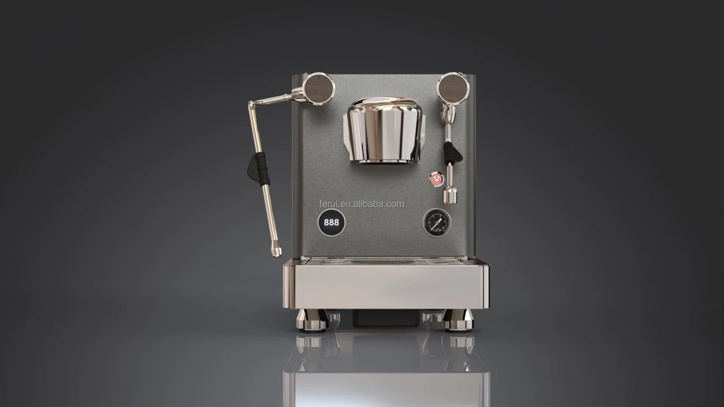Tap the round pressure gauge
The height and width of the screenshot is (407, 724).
(x=437, y=223)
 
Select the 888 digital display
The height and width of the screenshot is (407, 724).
(x=331, y=222)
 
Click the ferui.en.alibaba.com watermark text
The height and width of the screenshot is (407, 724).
(x=361, y=204)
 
